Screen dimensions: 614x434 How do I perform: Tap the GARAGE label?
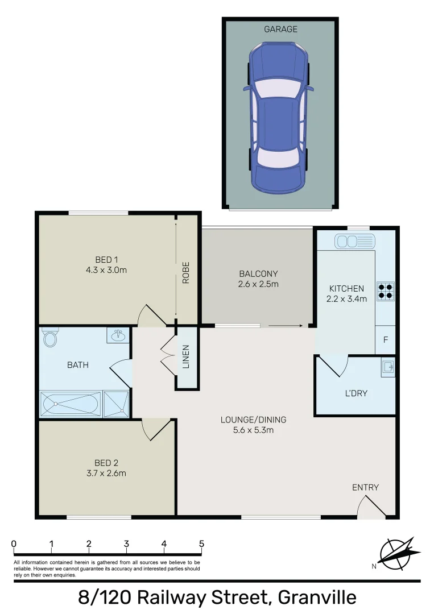point(280,29)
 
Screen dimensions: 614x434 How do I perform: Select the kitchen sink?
point(354,241)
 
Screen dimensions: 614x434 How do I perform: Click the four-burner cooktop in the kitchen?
point(386,291)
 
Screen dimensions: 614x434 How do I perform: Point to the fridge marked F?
point(386,341)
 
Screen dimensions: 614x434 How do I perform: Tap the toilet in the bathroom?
point(50,339)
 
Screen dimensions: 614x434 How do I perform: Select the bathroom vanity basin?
point(118,335)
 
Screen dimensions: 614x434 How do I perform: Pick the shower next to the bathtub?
point(117,404)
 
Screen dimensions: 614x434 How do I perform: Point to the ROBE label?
point(186,272)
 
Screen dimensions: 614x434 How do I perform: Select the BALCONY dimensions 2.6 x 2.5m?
point(259,284)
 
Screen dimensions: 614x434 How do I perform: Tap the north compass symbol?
point(398,553)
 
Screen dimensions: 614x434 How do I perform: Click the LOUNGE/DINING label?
point(254,420)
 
